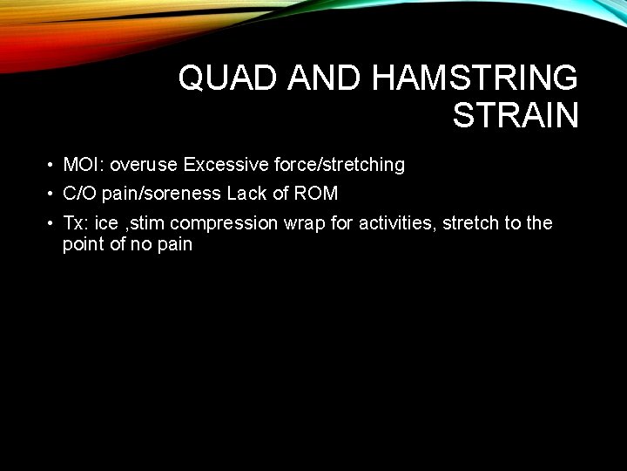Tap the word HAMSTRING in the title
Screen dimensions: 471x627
click(x=474, y=78)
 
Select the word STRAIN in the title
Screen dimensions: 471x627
click(x=515, y=115)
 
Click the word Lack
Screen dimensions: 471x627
click(x=246, y=194)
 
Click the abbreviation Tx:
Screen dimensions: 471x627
click(x=76, y=223)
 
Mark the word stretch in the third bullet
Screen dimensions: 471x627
click(x=470, y=223)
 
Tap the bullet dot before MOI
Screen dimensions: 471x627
click(x=52, y=165)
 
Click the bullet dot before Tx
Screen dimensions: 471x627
click(x=52, y=223)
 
